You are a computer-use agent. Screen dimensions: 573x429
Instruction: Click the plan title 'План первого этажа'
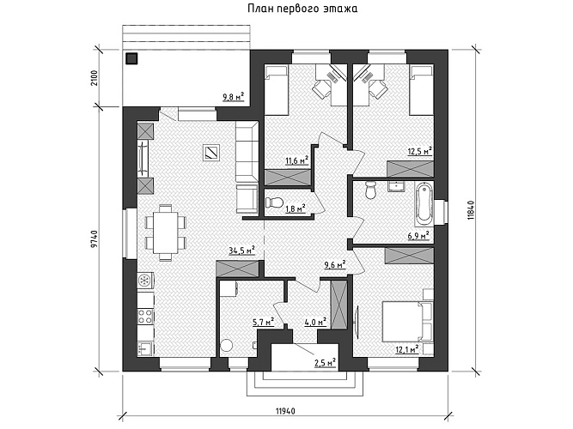point(302,9)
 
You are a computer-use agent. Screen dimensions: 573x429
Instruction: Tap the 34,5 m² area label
point(241,251)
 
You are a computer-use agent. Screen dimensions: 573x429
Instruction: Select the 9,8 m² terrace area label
point(233,97)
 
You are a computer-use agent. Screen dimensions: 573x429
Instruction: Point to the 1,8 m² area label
point(296,208)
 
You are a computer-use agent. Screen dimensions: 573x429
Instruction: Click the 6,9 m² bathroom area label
point(418,235)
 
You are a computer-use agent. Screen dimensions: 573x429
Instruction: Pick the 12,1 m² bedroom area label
point(407,349)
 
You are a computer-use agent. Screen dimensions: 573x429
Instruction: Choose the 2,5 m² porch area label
point(326,363)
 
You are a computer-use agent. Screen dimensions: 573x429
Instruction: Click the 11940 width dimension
point(285,411)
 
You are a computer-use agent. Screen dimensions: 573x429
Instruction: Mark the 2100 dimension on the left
point(94,78)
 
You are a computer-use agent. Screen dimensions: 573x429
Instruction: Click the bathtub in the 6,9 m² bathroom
point(424,203)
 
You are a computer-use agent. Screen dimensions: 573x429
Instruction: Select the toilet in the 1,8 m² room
point(274,202)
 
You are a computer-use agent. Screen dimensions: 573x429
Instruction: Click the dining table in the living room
point(165,233)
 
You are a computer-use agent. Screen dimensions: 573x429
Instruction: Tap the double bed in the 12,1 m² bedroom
point(407,321)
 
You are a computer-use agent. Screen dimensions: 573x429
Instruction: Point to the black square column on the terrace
point(131,58)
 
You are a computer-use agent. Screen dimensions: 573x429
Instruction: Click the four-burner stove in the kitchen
point(145,317)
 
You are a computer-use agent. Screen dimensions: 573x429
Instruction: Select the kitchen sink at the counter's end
point(145,348)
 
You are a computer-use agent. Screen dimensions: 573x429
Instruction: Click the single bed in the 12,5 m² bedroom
point(422,90)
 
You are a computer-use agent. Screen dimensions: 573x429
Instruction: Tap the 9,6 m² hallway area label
point(335,265)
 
